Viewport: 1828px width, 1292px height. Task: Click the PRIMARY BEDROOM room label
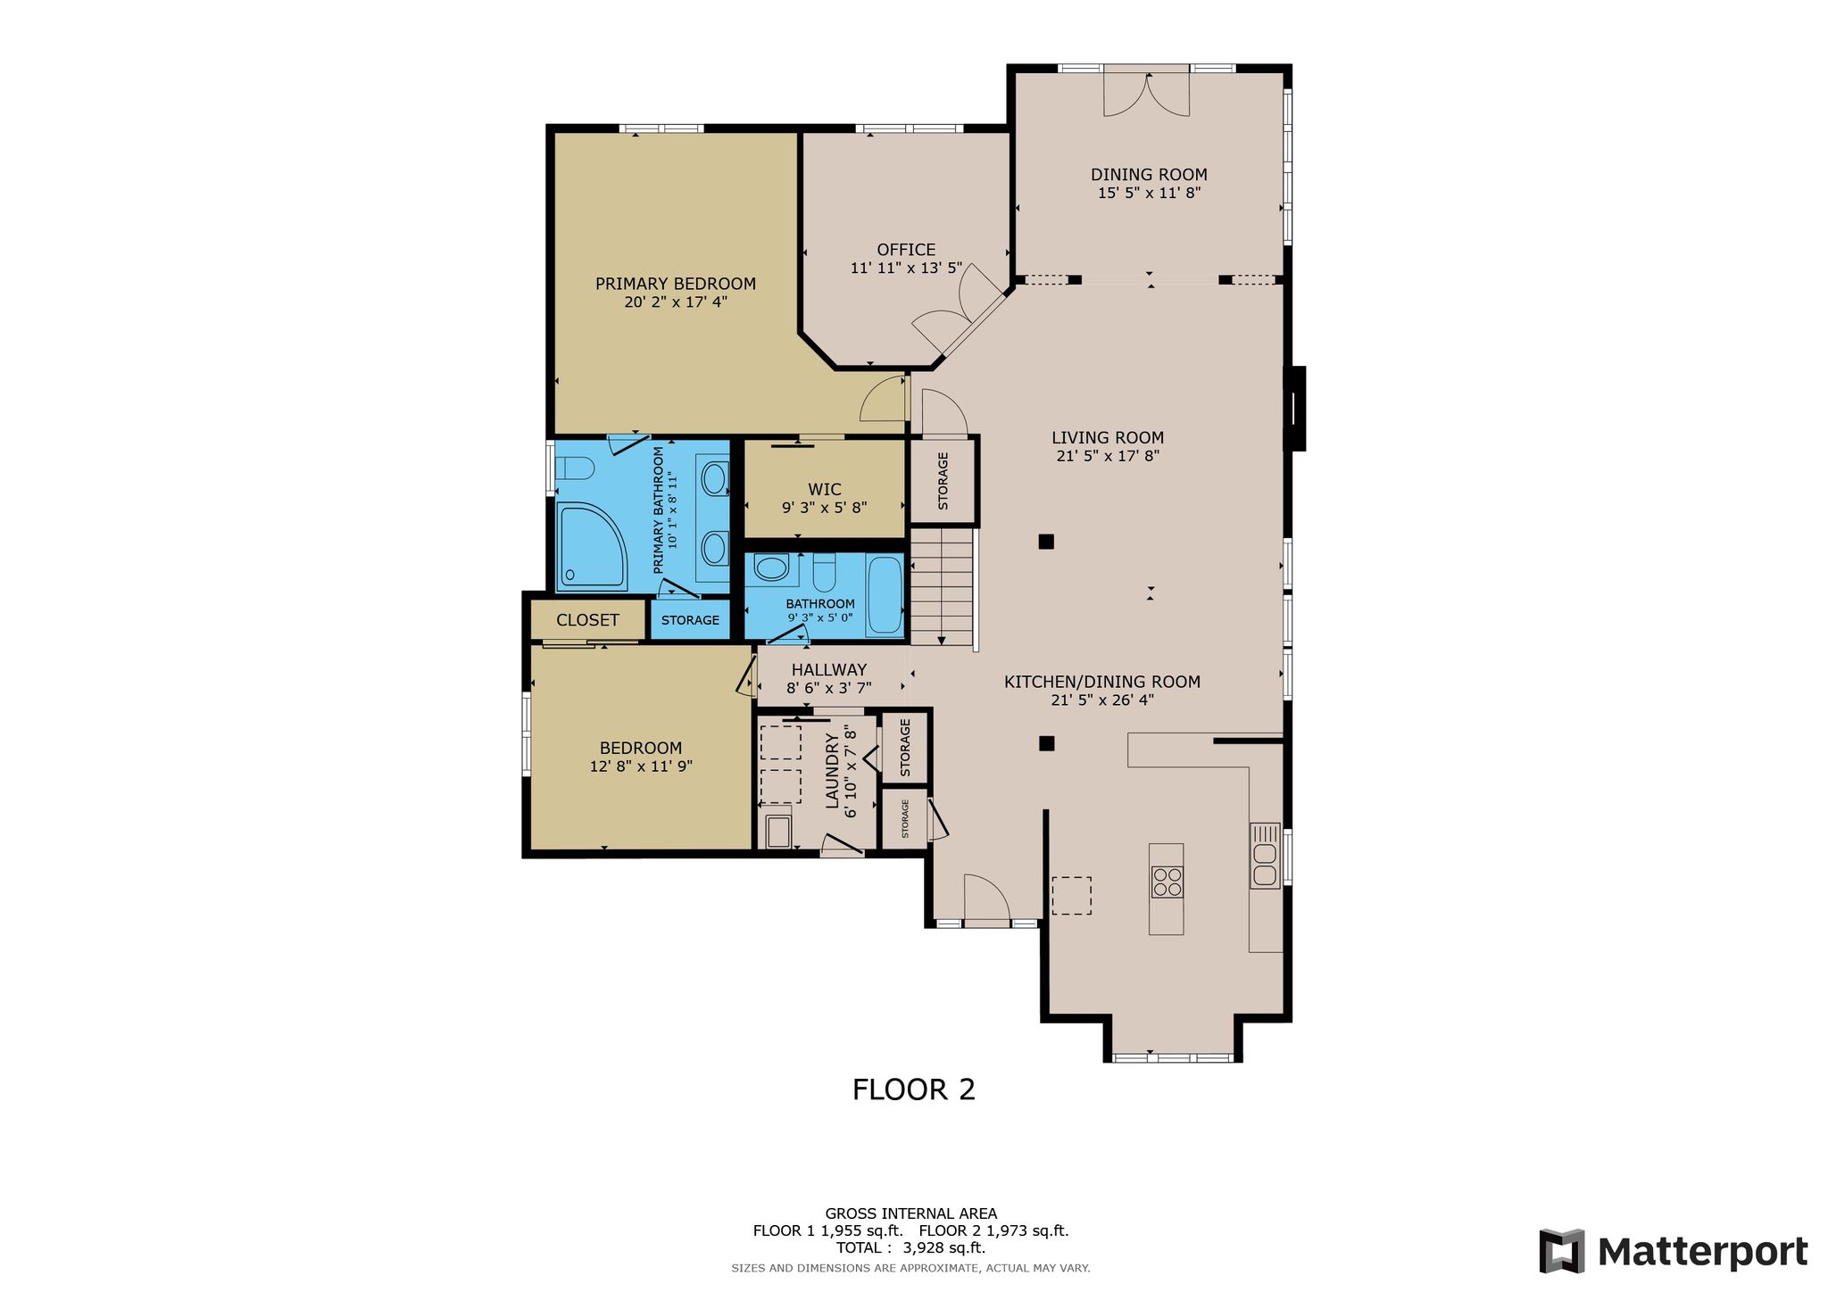pos(676,284)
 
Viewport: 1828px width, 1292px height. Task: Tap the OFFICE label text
pos(906,250)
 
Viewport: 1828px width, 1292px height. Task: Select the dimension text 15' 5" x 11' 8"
pos(1150,193)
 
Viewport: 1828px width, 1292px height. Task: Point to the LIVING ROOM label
pos(1108,437)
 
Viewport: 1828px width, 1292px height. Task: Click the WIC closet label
pos(825,489)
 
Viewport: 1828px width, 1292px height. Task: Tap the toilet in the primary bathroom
pos(575,468)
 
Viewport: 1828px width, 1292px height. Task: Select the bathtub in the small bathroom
pos(885,596)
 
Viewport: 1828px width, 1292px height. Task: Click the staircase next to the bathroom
pos(942,586)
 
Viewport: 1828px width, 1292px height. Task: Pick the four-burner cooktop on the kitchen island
pos(1167,882)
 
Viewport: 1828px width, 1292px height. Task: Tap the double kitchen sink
pos(1265,855)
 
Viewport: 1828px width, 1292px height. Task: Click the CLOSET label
pos(587,620)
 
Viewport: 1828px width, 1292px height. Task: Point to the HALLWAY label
pos(829,669)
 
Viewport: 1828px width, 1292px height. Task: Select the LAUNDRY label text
pos(833,771)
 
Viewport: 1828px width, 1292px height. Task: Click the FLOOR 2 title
pos(914,1089)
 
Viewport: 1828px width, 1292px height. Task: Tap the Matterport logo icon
pos(1562,1251)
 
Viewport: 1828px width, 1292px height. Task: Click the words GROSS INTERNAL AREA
pos(911,1213)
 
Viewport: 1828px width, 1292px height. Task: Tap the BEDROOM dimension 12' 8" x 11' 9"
pos(641,766)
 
